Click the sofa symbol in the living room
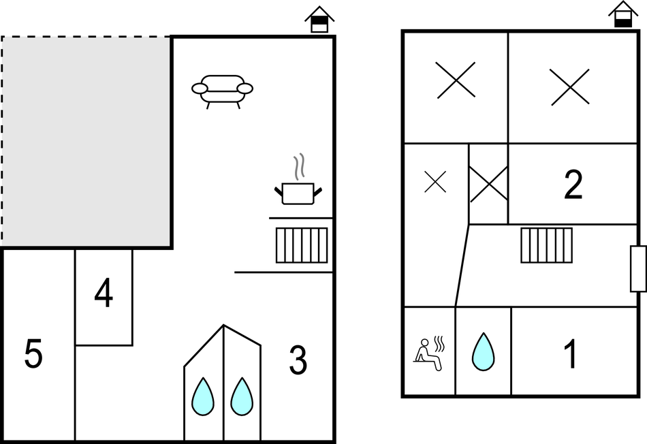pos(222,90)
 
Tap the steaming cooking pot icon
pos(298,189)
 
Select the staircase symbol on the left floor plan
pos(302,245)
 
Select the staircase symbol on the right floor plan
pos(547,245)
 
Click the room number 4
pos(104,295)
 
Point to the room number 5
pos(34,354)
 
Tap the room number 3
pos(298,360)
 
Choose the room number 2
pos(573,185)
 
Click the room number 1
pos(571,354)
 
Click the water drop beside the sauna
pos(483,351)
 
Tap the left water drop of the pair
pos(203,397)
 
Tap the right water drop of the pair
pos(242,397)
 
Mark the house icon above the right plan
pos(622,14)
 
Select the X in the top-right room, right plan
pos(570,87)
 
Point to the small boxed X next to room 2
pos(488,184)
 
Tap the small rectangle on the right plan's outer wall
pos(638,269)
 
